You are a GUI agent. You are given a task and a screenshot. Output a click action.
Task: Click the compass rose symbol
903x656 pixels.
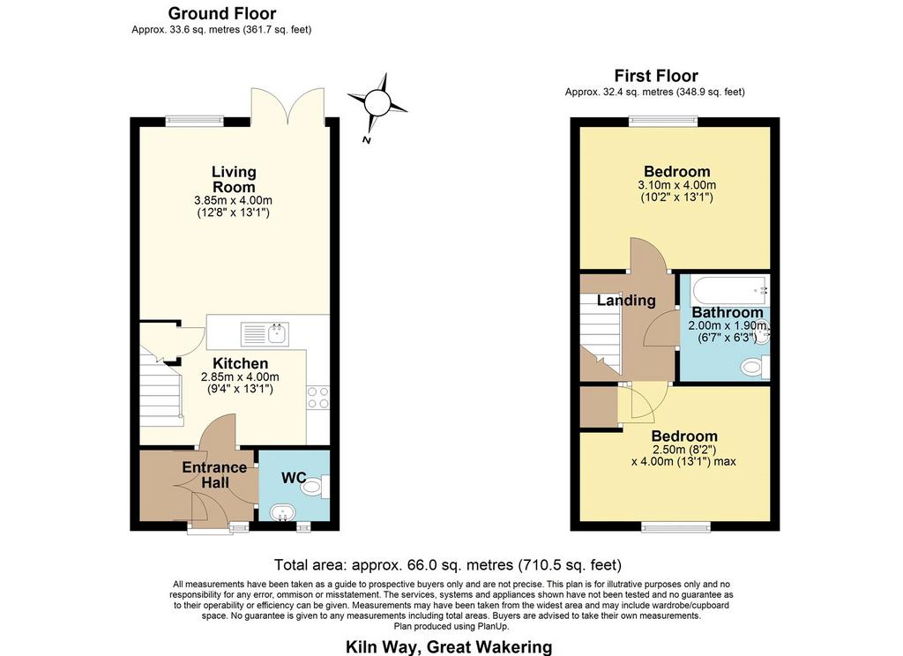[x=377, y=103]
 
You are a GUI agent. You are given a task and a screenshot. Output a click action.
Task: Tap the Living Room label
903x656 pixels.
[x=234, y=179]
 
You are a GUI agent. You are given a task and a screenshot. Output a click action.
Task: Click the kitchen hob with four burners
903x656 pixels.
[x=317, y=398]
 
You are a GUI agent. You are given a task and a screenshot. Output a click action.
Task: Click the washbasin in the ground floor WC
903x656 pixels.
[x=282, y=512]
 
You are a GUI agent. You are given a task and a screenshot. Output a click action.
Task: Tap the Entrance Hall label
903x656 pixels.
[x=214, y=474]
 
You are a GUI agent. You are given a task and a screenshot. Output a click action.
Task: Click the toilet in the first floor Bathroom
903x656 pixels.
[x=755, y=367]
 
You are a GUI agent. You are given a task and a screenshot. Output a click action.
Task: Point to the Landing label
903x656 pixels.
[x=626, y=300]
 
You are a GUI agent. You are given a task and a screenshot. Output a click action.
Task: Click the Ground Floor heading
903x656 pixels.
[x=221, y=13]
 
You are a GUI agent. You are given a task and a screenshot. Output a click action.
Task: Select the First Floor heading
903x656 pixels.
[x=656, y=76]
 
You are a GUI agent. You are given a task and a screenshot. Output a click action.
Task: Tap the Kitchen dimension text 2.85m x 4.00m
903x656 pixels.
[x=240, y=377]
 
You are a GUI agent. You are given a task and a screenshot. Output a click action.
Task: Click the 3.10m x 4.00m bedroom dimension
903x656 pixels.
[x=676, y=185]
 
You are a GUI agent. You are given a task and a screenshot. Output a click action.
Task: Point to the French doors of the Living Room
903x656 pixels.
[x=288, y=106]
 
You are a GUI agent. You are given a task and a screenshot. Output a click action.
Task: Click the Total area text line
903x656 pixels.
[x=447, y=565]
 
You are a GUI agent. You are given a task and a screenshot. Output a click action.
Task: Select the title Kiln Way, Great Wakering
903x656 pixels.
[x=449, y=647]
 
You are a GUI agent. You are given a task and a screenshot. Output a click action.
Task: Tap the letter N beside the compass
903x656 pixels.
[x=366, y=139]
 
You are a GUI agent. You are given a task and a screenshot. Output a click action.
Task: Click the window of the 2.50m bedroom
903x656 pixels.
[x=676, y=526]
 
